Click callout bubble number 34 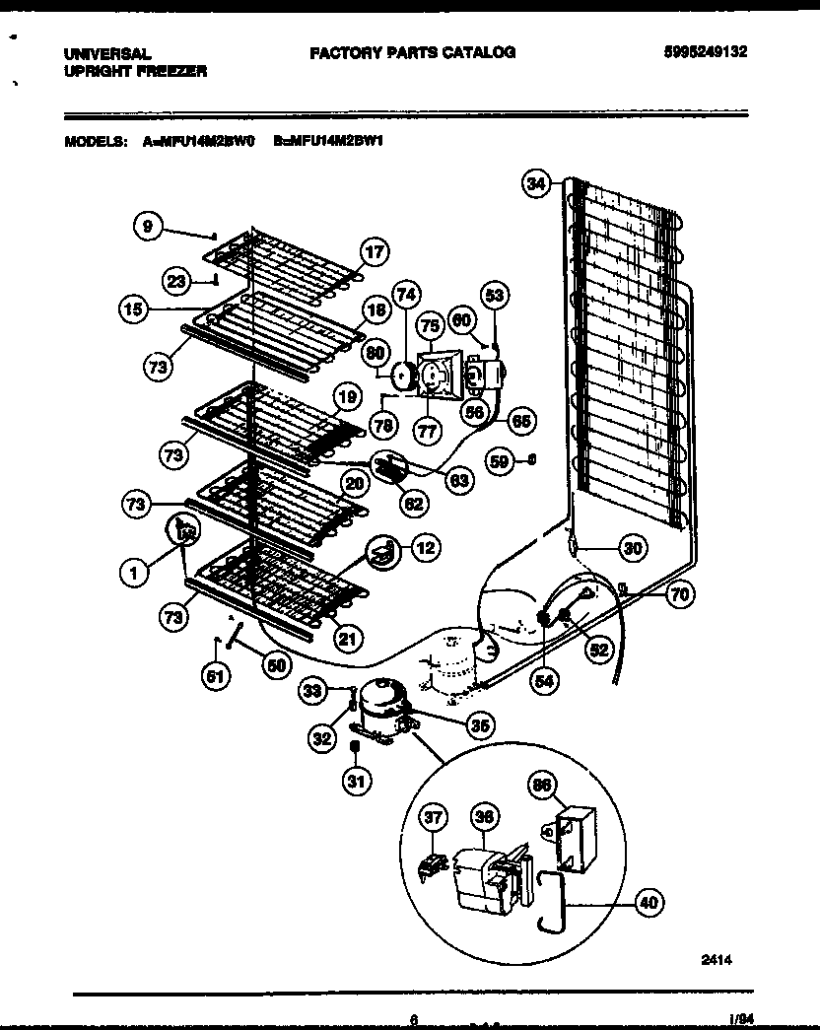click(x=535, y=184)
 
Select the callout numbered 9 click(x=147, y=227)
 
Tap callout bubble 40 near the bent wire click(x=648, y=902)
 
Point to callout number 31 click(x=355, y=783)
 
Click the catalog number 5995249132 click(x=705, y=54)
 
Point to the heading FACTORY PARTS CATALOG click(x=412, y=53)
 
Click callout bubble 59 click(x=501, y=459)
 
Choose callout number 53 click(x=495, y=295)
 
